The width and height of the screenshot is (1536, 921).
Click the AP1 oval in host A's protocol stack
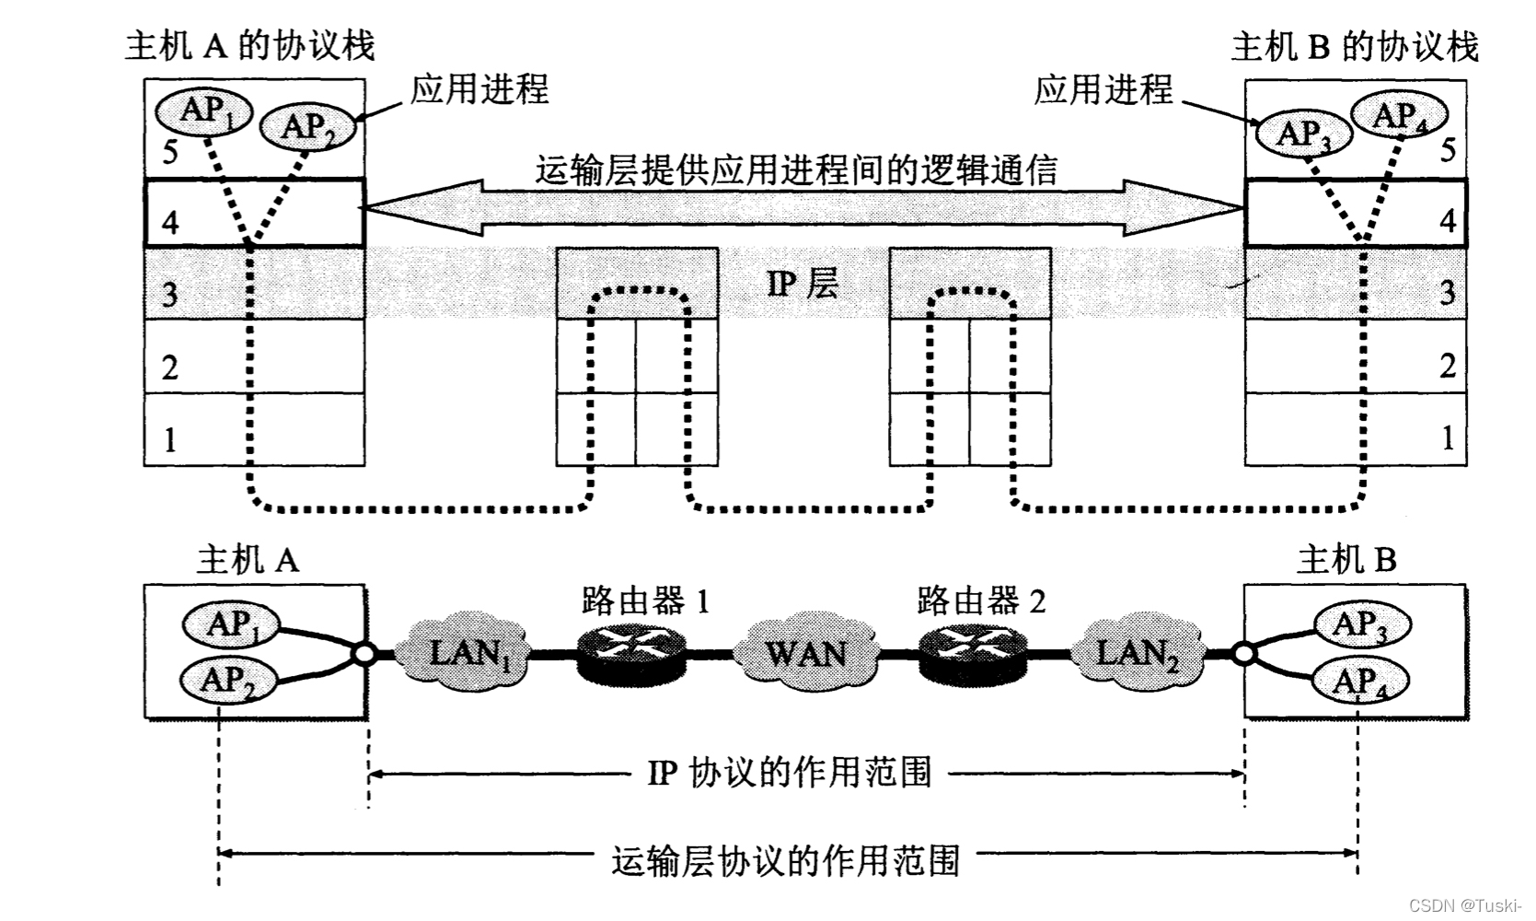pyautogui.click(x=203, y=111)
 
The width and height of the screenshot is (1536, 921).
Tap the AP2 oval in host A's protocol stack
pyautogui.click(x=306, y=126)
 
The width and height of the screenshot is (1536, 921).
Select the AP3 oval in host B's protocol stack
pyautogui.click(x=1302, y=134)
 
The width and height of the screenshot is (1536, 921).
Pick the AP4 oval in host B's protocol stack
pyautogui.click(x=1399, y=116)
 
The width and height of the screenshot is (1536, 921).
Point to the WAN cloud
pyautogui.click(x=805, y=653)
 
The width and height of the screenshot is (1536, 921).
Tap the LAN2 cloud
pyautogui.click(x=1137, y=653)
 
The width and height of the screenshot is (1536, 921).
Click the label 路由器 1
pyautogui.click(x=645, y=601)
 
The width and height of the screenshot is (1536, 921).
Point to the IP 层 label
pyautogui.click(x=803, y=284)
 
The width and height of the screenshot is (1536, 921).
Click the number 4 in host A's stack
pyautogui.click(x=170, y=222)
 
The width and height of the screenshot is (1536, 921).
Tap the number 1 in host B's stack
pyautogui.click(x=1448, y=437)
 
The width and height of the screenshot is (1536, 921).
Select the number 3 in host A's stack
pyautogui.click(x=170, y=295)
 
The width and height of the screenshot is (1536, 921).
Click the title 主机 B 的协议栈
pyautogui.click(x=1354, y=46)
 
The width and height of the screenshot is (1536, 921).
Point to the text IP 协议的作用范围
pyautogui.click(x=790, y=772)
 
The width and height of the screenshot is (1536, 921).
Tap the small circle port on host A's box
pyautogui.click(x=364, y=654)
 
